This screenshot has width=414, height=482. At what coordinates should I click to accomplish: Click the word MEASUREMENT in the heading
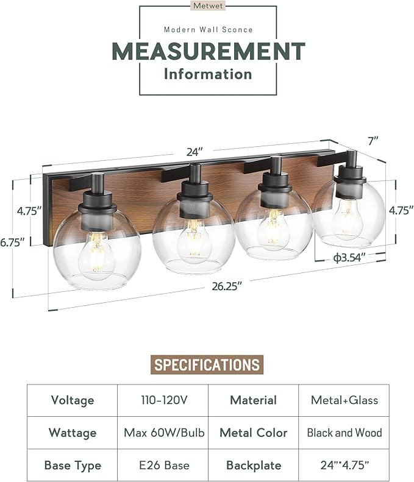point(207,51)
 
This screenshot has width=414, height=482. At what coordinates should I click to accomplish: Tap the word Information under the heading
point(207,74)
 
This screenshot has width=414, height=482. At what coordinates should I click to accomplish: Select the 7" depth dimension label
point(373,141)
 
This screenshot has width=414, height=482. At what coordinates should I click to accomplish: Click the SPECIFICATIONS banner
point(207,365)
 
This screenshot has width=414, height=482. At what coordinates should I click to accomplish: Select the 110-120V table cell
point(163,400)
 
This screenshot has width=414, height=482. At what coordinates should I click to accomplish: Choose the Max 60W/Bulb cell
point(163,433)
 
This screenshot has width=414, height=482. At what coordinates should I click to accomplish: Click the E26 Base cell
point(163,466)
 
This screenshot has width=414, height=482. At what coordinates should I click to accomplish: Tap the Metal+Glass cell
point(344,400)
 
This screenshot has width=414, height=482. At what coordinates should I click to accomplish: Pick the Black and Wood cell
point(344,433)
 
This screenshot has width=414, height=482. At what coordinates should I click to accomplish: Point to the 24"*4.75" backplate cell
point(344,466)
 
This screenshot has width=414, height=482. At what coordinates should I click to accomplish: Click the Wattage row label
point(73,433)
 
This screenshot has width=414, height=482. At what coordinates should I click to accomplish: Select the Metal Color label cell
point(254,433)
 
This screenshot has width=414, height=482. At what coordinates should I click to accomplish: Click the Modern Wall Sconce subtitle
point(208,30)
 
